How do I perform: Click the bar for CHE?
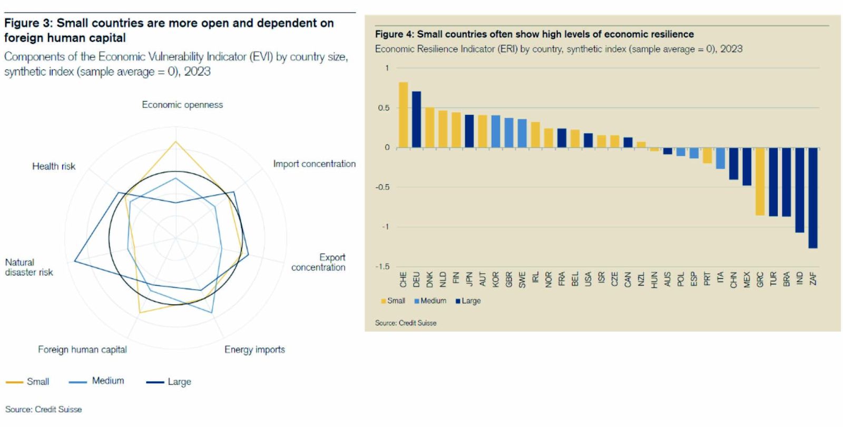(403, 115)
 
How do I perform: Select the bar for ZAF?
(813, 197)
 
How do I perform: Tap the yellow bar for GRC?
(760, 181)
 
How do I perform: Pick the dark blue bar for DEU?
(416, 120)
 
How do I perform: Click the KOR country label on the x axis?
(496, 279)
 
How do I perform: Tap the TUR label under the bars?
(773, 279)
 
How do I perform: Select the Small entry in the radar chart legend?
(37, 382)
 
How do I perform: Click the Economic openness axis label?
(182, 105)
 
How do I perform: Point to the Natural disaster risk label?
(29, 267)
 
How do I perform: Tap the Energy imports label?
(254, 350)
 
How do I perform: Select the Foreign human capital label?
(82, 350)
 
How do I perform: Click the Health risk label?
(54, 166)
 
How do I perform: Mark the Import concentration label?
(314, 164)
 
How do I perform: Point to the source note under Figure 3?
(44, 409)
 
